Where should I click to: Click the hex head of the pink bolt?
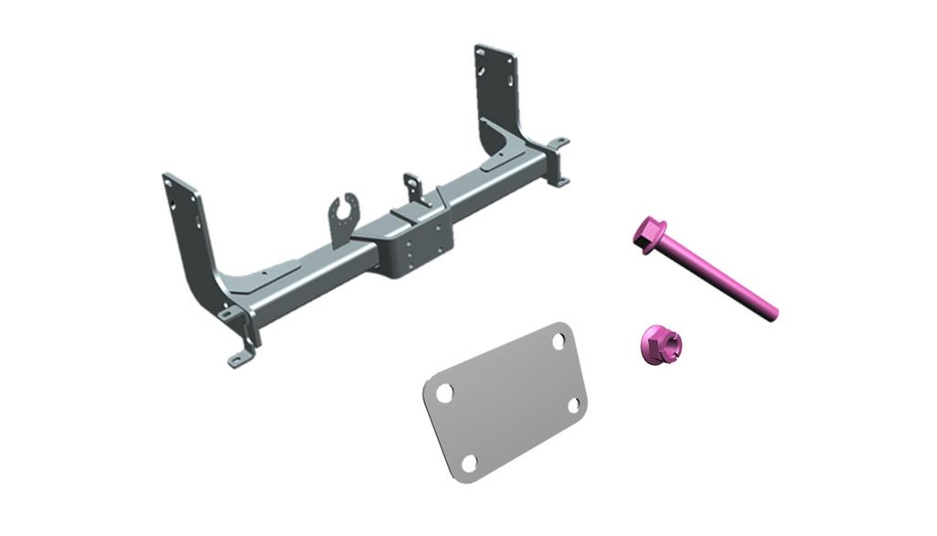(x=648, y=234)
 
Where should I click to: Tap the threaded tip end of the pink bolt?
(x=772, y=315)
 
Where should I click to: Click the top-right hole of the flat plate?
(x=559, y=340)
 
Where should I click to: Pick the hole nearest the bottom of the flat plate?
(x=469, y=463)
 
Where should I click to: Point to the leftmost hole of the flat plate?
(x=444, y=392)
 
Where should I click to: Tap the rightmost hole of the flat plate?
(x=575, y=403)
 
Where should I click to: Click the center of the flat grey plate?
(x=505, y=400)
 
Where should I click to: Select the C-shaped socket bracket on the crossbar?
(x=344, y=220)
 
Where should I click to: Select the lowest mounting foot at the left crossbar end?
(x=240, y=359)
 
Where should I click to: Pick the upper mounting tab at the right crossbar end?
(x=559, y=144)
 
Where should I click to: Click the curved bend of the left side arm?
(x=219, y=283)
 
